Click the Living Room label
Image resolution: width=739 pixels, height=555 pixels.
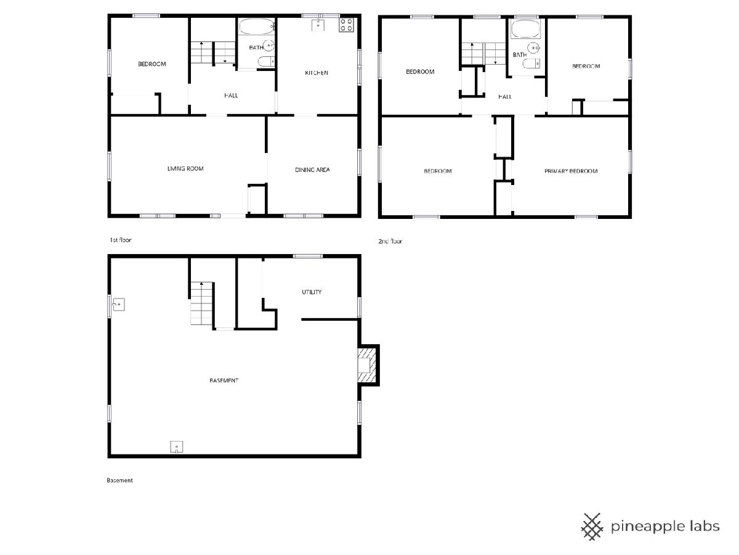[x=185, y=168]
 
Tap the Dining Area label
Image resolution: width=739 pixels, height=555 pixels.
[x=312, y=170]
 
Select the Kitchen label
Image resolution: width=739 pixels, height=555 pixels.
[x=316, y=73]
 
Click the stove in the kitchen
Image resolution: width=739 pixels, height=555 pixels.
[x=346, y=25]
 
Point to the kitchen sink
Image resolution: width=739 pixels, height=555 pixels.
[x=318, y=25]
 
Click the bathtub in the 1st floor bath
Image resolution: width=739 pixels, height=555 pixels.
[x=257, y=27]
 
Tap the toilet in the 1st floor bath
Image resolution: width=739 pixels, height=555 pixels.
[x=266, y=62]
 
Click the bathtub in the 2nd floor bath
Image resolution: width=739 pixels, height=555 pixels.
[x=525, y=29]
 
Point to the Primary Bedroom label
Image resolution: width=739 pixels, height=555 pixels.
[x=571, y=171]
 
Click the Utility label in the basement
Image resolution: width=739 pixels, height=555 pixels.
[x=312, y=292]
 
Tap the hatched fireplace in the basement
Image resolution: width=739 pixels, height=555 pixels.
[x=367, y=365]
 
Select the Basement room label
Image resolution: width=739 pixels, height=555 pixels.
[x=224, y=380]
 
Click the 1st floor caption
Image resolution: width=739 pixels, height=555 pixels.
[x=121, y=240]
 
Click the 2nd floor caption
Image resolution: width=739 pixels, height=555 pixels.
[x=390, y=241]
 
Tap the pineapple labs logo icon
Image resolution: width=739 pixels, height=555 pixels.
[x=592, y=527]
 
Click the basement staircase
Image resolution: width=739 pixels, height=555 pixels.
[x=201, y=303]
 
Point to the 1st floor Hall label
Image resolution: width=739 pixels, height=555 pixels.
[x=231, y=96]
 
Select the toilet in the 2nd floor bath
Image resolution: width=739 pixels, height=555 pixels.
[x=531, y=63]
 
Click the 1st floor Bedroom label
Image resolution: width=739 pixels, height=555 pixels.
[x=152, y=64]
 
